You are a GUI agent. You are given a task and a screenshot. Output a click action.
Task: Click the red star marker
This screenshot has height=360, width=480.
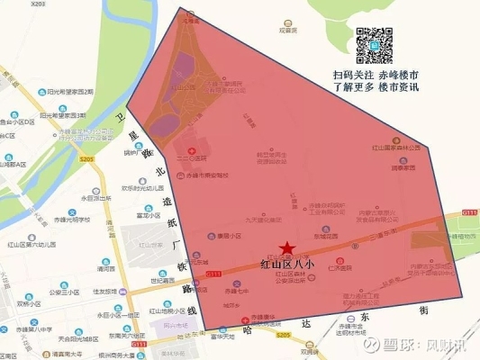point(286,248)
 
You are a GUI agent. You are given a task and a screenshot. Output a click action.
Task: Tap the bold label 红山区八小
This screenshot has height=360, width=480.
point(287,265)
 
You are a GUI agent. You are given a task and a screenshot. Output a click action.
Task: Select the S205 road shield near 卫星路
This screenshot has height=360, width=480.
point(86,159)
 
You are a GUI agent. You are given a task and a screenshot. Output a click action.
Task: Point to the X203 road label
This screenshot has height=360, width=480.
point(37,4)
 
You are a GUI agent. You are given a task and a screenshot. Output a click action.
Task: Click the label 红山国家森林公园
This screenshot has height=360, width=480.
point(397,147)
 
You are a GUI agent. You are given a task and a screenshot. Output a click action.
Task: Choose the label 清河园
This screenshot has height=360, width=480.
point(106,267)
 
